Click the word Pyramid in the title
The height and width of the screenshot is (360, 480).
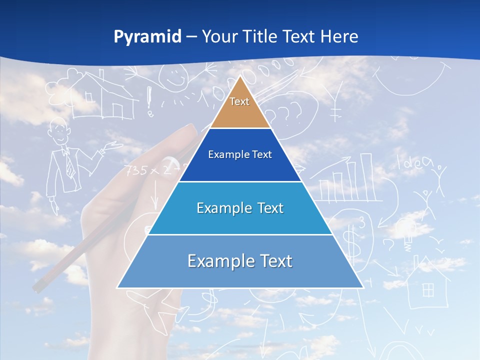[147, 37]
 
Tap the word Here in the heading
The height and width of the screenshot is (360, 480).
[339, 37]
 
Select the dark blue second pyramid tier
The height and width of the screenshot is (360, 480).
[240, 155]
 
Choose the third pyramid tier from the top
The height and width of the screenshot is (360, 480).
[240, 208]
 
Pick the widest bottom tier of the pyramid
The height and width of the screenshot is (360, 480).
[240, 261]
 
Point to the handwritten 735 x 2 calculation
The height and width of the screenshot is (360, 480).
[147, 171]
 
